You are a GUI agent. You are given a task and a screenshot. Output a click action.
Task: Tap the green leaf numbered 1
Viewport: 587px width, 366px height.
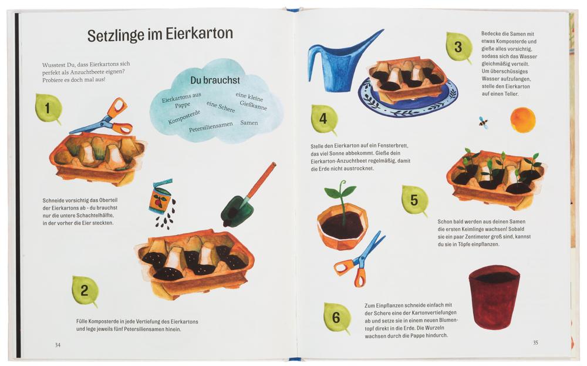coord(48,108)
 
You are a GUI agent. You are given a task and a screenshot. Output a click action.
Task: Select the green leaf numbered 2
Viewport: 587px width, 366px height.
coord(85,291)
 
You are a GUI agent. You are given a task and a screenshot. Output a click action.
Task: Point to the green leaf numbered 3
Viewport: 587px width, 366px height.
coord(458,47)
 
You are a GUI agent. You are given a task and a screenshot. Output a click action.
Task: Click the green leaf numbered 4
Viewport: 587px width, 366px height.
coord(324,119)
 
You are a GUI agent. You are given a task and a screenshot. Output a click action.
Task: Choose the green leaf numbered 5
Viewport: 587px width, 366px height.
coord(415,200)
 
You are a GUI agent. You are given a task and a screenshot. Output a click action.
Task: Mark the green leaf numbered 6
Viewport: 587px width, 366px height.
coord(337,318)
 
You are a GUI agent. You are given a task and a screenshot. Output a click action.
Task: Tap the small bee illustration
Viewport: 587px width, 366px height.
coord(483,122)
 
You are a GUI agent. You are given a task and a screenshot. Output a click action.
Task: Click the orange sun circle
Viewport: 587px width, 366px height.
coord(522,120)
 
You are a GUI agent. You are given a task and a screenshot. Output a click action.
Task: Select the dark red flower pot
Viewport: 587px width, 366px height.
coord(494,296)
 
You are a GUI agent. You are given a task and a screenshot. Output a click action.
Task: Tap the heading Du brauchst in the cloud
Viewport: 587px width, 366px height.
coord(215,80)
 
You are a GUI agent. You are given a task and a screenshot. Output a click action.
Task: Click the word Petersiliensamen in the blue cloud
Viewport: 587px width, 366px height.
coord(211,127)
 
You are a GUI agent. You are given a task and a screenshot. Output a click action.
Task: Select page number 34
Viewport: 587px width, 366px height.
coord(58,345)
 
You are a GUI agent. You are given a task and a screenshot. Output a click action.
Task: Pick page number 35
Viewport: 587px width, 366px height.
coord(535,343)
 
